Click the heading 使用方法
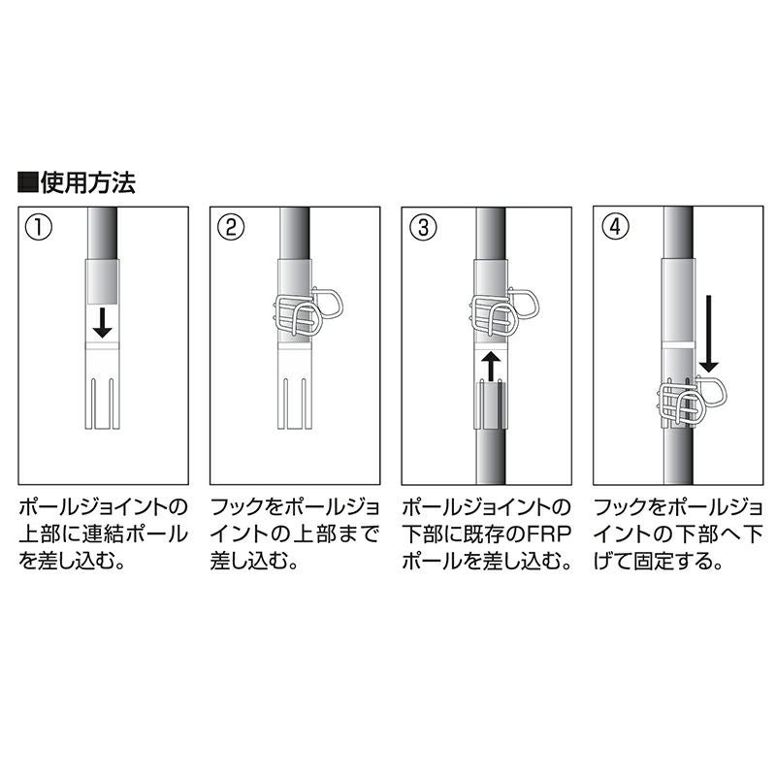click(87, 182)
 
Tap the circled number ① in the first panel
click(38, 228)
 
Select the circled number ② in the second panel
click(231, 228)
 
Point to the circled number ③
click(424, 228)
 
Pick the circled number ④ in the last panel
click(615, 227)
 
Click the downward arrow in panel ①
click(103, 322)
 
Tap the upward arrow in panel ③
click(491, 367)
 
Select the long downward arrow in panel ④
click(709, 334)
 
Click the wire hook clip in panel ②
click(307, 311)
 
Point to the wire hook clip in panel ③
click(503, 311)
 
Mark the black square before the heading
click(27, 182)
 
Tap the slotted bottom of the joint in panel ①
click(103, 404)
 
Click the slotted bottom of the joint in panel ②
click(295, 404)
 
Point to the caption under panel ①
click(104, 534)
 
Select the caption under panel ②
click(295, 534)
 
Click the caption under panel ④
click(678, 534)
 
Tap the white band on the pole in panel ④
click(678, 344)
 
